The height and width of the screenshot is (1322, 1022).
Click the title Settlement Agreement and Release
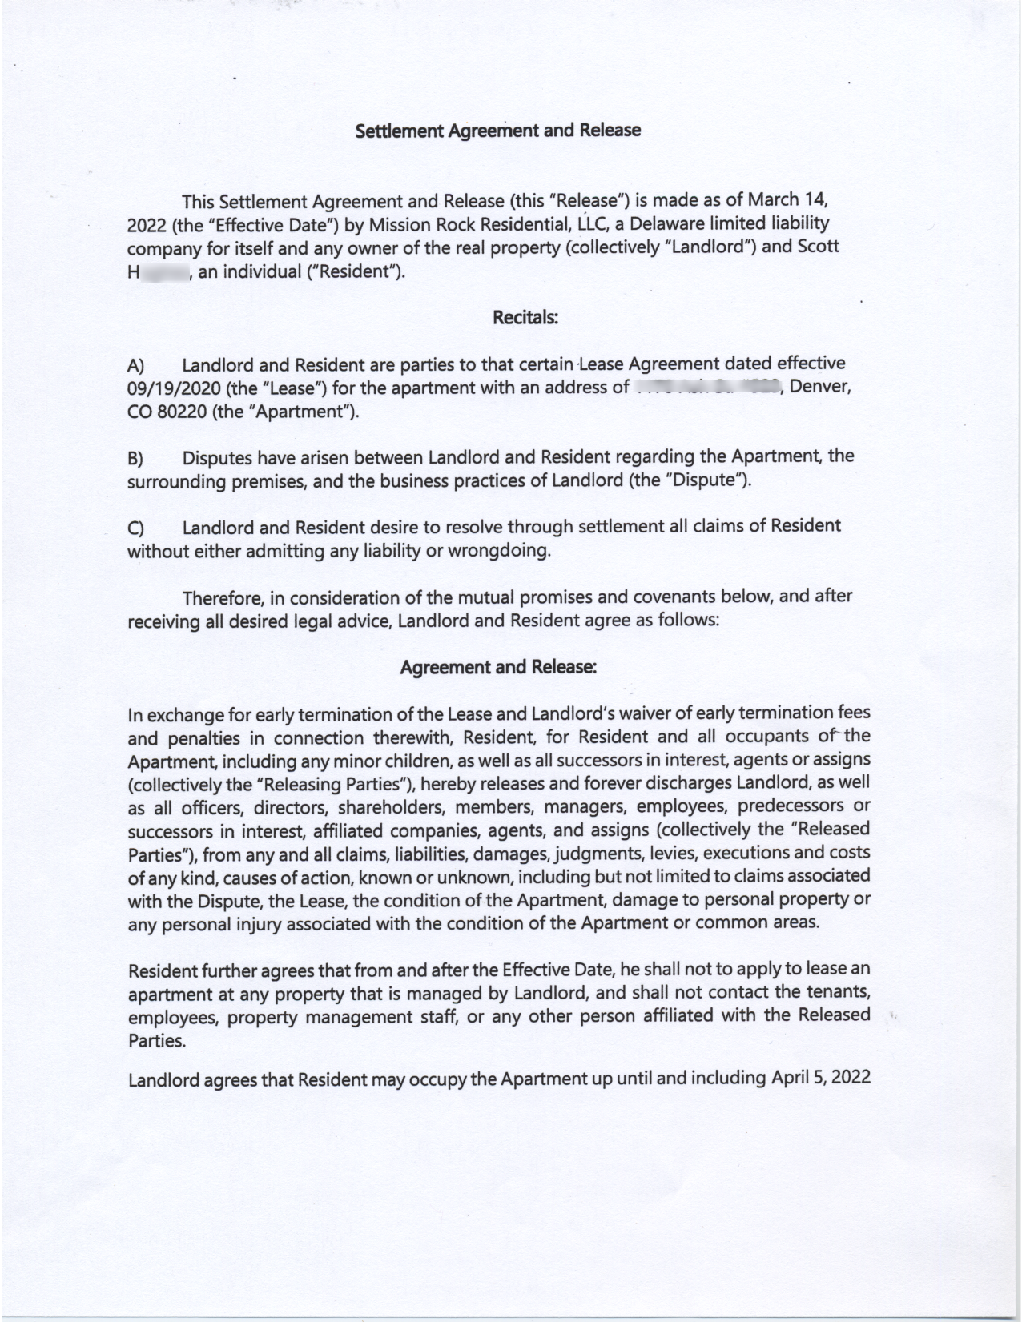pos(497,131)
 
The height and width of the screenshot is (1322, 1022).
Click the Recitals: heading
pos(525,318)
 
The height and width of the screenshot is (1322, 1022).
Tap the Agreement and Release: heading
pos(497,667)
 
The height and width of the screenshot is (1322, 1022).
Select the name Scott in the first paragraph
pos(817,247)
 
